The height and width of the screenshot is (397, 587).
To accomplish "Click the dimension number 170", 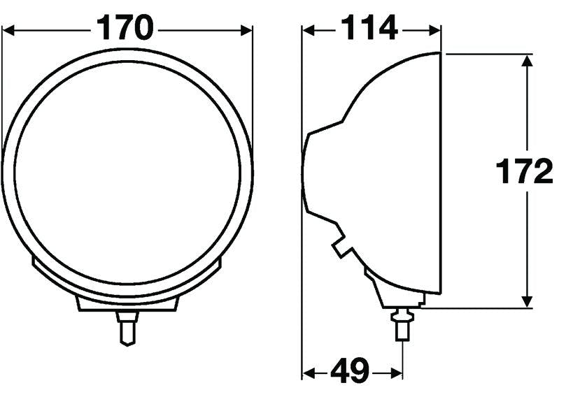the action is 125,27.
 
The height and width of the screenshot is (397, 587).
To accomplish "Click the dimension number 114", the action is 369,27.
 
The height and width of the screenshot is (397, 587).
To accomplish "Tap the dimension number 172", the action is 524,171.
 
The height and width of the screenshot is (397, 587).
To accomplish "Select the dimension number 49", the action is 350,371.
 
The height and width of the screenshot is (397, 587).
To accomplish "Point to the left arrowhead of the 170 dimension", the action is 8,30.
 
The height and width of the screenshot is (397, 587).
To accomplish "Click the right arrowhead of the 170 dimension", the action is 246,30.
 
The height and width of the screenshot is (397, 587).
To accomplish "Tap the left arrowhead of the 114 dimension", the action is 309,30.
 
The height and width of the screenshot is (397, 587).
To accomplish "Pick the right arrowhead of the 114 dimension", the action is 435,30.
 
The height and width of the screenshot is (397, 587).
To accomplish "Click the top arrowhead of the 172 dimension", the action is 527,61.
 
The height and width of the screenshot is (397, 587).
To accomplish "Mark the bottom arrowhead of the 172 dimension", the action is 527,302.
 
